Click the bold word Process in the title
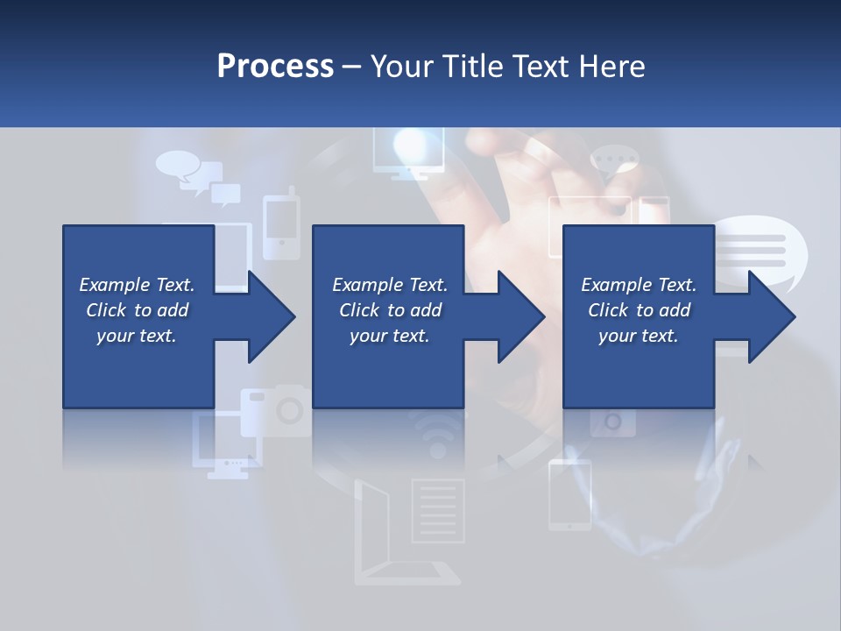tap(275, 66)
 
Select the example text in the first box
tap(137, 310)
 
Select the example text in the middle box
tap(390, 310)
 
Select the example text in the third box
tap(639, 310)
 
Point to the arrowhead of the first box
tap(270, 316)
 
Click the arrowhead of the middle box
tap(519, 316)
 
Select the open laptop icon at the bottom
tap(385, 535)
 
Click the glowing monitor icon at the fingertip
tap(404, 152)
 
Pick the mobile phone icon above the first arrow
tap(281, 226)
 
